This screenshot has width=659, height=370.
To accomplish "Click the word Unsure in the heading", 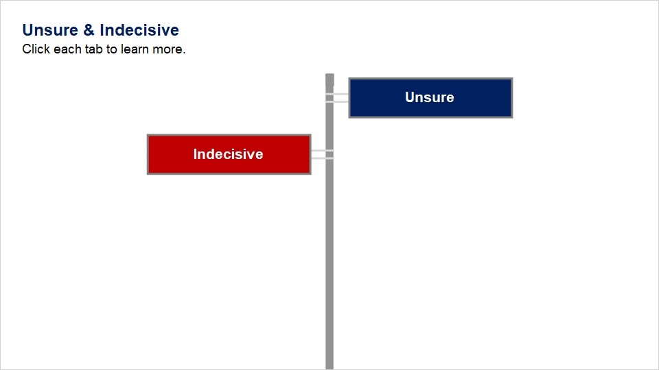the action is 50,30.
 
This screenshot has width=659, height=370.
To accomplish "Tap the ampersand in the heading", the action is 89,30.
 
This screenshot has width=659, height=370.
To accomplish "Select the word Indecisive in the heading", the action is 139,30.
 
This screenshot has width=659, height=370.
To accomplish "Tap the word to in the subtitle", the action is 112,49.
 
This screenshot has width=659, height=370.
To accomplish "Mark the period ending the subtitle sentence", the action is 184,53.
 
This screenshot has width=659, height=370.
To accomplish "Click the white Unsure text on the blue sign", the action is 430,97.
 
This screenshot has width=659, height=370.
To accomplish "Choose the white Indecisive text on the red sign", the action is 228,154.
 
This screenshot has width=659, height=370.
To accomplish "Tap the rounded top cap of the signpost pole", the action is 329,77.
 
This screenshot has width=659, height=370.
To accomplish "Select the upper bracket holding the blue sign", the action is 337,95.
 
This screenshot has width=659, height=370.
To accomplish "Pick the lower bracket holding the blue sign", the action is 337,101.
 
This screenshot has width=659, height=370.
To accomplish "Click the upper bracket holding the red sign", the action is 323,151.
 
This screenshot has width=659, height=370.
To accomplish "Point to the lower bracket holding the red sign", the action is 323,158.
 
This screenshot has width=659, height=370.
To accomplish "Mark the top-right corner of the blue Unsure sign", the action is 512,78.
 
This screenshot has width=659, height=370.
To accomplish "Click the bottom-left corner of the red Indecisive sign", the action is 148,173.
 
